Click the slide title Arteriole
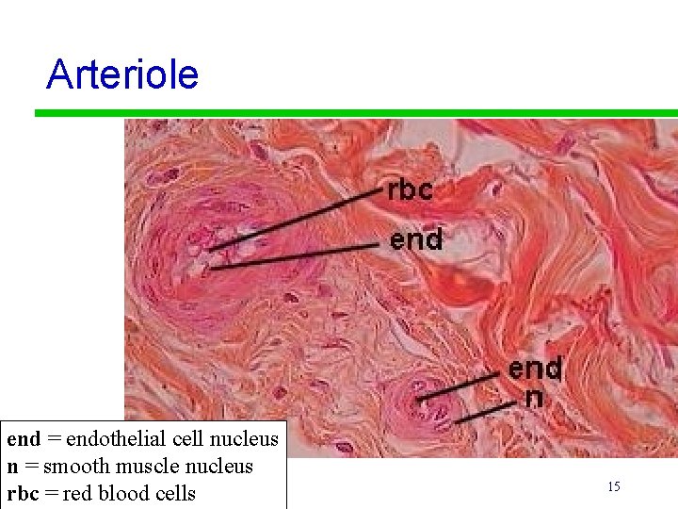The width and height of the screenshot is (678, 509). pos(122,74)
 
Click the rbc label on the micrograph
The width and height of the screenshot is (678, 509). pos(410,190)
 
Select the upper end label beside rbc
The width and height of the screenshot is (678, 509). pos(416,240)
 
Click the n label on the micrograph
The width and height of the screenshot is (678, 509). pos(533,397)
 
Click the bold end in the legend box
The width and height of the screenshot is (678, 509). pos(24,438)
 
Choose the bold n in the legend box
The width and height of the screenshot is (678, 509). pos(12,466)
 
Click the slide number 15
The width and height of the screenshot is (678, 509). pos(613,486)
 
